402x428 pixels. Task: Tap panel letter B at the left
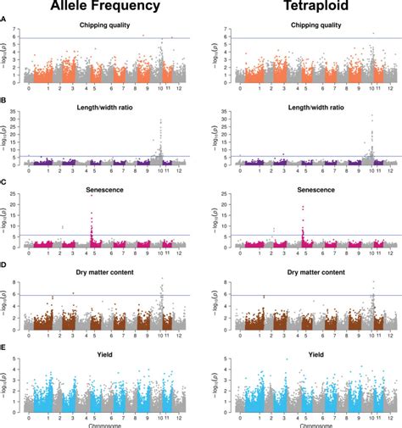point(4,101)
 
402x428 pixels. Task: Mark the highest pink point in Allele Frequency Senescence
point(91,196)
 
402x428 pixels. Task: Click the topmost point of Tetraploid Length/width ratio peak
point(371,115)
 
